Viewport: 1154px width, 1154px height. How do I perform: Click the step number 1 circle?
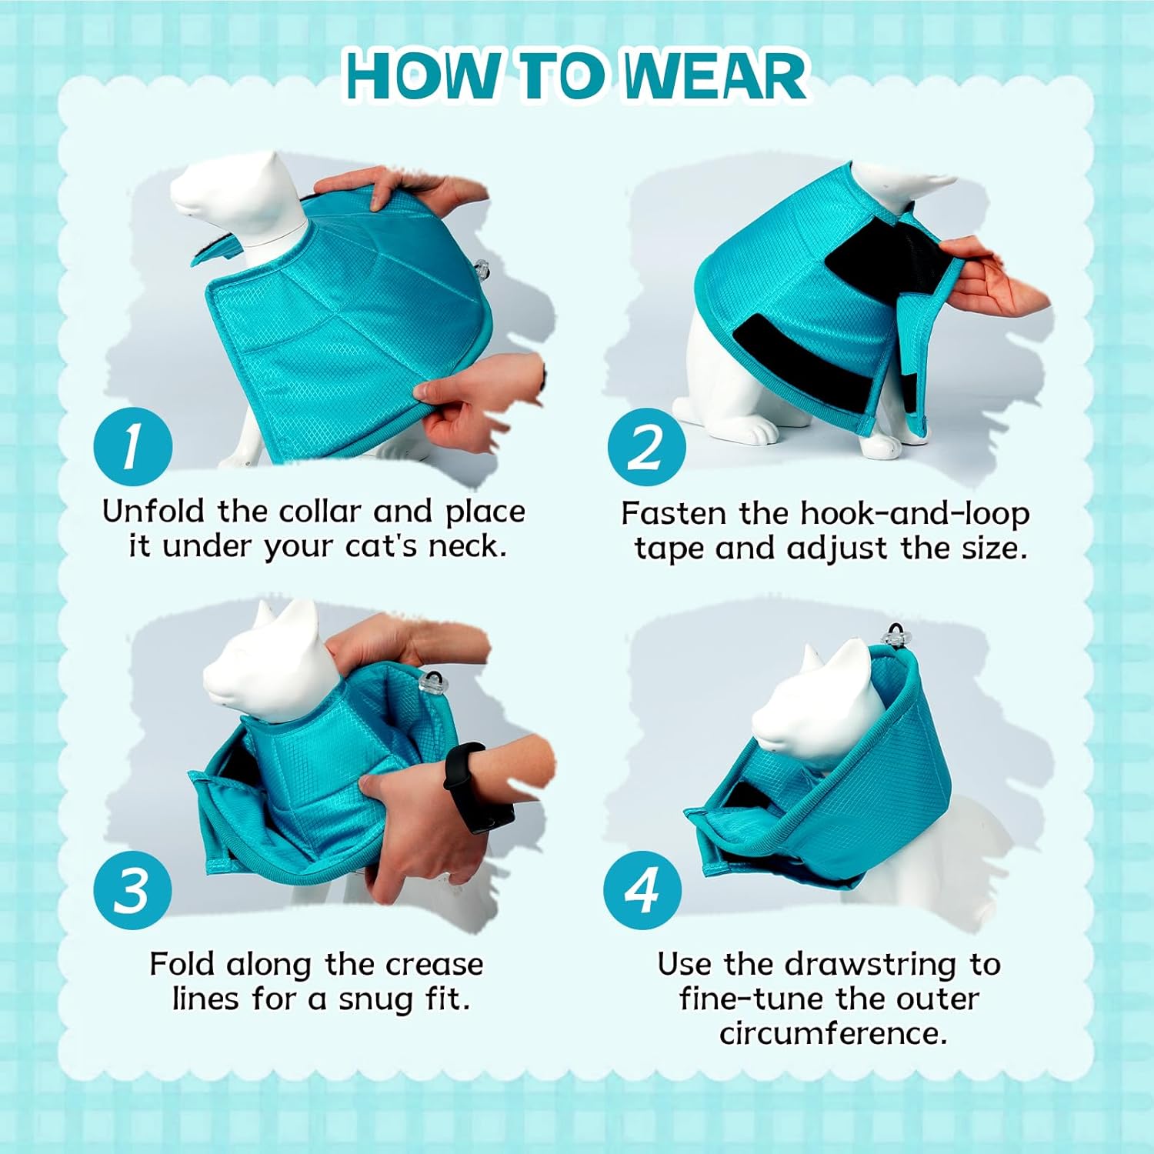(x=132, y=447)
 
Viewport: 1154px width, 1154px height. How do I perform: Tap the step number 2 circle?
(x=646, y=447)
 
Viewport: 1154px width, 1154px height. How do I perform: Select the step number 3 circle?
(x=132, y=890)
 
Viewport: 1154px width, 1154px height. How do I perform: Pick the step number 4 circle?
(x=642, y=890)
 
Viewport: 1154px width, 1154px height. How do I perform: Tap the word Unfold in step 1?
(x=154, y=511)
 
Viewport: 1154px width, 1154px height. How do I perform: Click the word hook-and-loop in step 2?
(x=915, y=513)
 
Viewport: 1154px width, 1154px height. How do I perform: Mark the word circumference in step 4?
(x=833, y=1033)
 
